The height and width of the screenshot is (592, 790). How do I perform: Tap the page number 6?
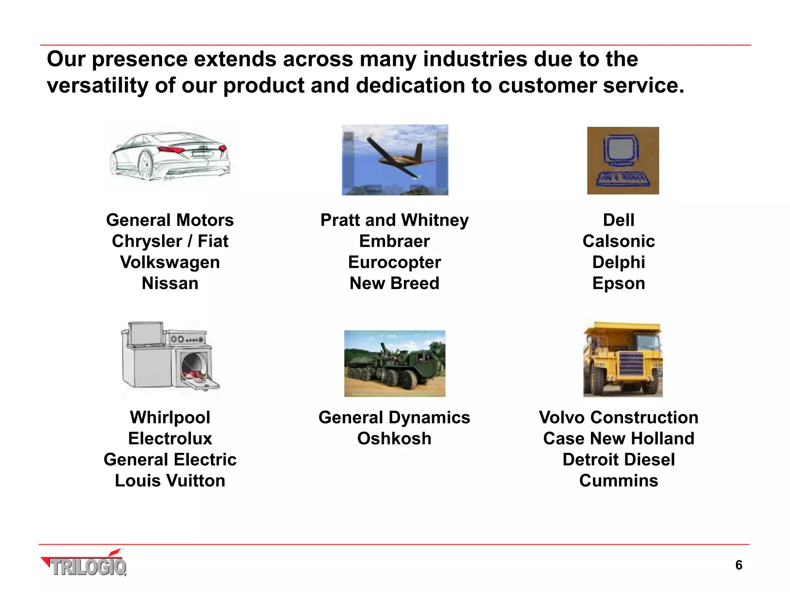click(738, 565)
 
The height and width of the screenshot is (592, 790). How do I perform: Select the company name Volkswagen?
click(170, 262)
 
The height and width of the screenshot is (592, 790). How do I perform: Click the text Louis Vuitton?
click(170, 481)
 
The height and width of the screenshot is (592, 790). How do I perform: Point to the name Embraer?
click(394, 241)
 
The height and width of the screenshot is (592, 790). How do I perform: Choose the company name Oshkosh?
click(394, 439)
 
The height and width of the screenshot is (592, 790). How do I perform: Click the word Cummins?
click(618, 481)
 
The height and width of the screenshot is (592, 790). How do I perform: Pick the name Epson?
click(618, 283)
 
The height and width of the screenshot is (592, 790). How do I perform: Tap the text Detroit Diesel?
click(618, 460)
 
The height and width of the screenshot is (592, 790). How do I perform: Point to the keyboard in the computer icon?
click(622, 179)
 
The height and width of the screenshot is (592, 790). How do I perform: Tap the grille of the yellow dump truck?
click(631, 364)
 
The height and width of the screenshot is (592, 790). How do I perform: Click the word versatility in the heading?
click(97, 85)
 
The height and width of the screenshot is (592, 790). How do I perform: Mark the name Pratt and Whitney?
click(394, 220)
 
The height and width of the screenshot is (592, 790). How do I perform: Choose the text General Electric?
click(170, 460)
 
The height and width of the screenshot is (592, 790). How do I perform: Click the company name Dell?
click(618, 220)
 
